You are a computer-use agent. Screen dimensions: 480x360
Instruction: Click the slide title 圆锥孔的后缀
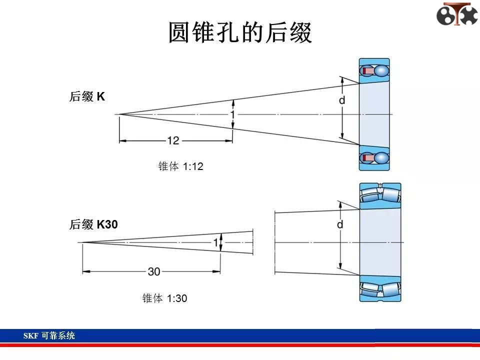point(240,32)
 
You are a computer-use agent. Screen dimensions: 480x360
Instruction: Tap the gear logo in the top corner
point(457,14)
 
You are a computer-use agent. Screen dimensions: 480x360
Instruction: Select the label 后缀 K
point(87,96)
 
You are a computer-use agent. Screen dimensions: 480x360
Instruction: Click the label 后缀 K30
point(93,224)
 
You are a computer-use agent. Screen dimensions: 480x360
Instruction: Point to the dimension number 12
point(173,140)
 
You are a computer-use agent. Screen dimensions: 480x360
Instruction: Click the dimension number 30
point(154,271)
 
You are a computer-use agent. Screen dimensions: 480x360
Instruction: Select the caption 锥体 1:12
point(180,166)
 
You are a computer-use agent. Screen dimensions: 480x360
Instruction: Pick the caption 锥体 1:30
point(164,298)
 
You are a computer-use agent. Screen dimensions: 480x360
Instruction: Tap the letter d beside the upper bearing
point(342,100)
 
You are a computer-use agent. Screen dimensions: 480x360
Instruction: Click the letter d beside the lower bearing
point(340,224)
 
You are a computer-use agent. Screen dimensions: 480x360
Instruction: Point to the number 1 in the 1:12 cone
point(232,114)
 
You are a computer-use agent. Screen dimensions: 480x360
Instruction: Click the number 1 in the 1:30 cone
point(216,242)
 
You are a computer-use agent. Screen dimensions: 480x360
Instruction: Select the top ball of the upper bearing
point(381,71)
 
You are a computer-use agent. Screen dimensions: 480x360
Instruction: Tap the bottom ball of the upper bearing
point(381,158)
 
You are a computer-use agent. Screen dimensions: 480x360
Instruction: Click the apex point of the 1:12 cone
point(119,114)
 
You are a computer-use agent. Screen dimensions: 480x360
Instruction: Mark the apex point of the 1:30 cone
point(82,242)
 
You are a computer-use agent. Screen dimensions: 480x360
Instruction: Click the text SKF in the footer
point(30,336)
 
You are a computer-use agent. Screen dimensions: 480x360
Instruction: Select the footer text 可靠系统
point(58,335)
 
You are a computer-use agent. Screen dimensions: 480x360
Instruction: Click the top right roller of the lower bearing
point(391,194)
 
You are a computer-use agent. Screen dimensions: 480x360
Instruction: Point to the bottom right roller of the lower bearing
point(391,290)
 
